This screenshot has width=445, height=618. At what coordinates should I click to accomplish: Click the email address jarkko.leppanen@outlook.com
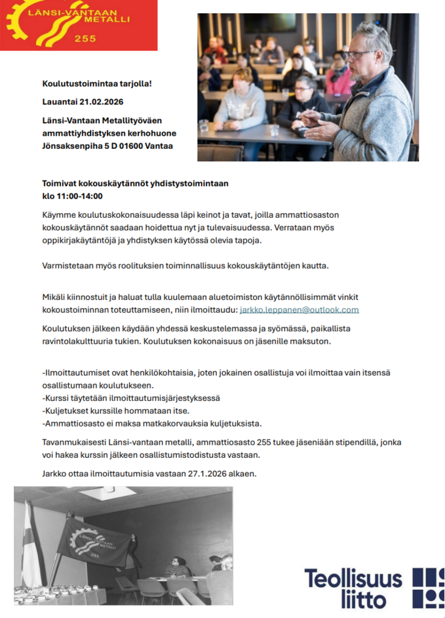pyautogui.click(x=300, y=310)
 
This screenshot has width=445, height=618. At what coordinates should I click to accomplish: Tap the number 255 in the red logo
pyautogui.click(x=85, y=39)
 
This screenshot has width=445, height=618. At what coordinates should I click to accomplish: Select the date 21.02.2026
pyautogui.click(x=101, y=102)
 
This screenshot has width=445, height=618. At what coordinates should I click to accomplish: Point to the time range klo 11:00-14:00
pyautogui.click(x=72, y=196)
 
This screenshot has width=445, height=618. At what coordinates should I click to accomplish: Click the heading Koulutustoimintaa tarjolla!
pyautogui.click(x=97, y=84)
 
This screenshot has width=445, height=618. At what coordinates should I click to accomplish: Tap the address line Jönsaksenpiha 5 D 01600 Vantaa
pyautogui.click(x=107, y=146)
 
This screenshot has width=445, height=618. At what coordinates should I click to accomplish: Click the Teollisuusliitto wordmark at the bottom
pyautogui.click(x=353, y=587)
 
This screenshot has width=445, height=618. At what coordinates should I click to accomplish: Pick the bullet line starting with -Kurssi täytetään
pyautogui.click(x=131, y=398)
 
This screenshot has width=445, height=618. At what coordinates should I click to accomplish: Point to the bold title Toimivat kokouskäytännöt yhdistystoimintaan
pyautogui.click(x=135, y=184)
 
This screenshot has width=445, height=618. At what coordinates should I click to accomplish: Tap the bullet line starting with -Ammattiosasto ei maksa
pyautogui.click(x=151, y=423)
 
